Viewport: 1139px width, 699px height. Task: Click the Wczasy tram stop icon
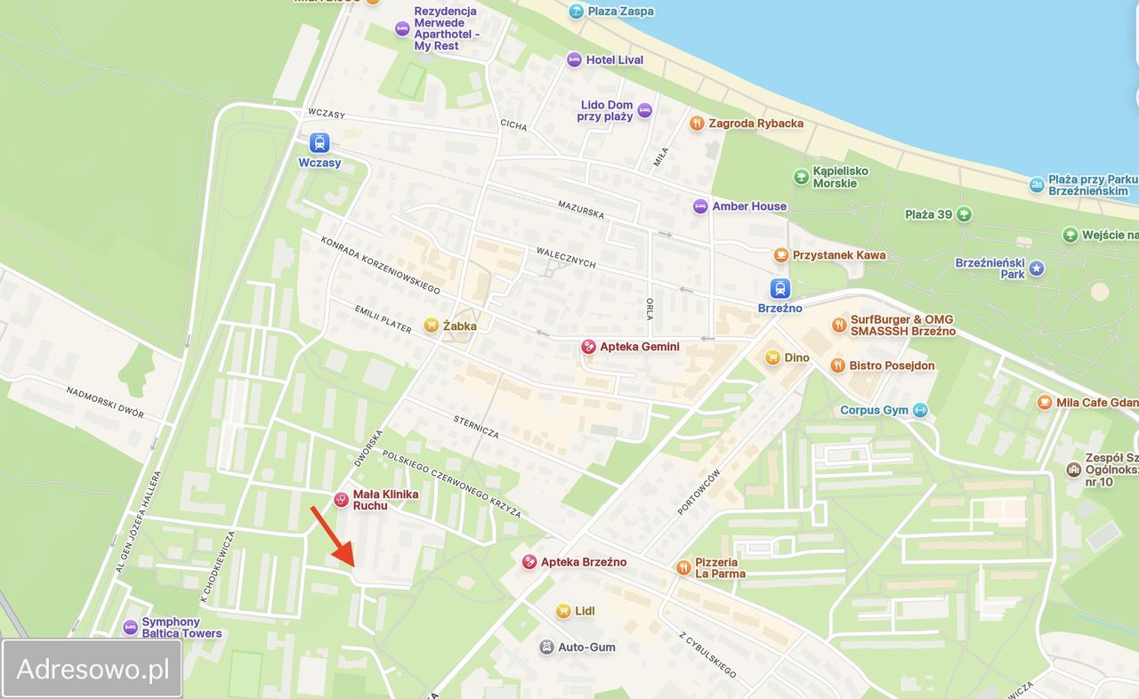319,142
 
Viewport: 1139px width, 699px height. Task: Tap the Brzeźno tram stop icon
780,288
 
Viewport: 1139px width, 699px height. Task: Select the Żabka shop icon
432,325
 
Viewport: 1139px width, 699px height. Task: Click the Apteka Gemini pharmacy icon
588,347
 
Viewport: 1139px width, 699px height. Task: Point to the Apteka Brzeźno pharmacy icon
529,562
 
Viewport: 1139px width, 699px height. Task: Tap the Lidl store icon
563,611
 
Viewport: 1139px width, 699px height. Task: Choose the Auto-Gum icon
546,647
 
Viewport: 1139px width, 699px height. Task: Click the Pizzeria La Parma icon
683,567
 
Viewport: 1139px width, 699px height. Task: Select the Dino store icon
772,358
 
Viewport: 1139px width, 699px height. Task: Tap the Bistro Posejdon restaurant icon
837,366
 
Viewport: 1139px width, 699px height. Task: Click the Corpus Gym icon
920,410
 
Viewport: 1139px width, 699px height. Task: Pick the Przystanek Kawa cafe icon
781,255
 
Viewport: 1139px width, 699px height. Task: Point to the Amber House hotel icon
700,206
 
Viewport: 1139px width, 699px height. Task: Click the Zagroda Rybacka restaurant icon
697,124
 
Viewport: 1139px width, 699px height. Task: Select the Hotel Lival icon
574,60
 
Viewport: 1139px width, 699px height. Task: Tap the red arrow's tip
354,566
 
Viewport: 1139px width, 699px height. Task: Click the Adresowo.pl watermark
93,669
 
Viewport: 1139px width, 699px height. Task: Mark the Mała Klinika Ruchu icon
341,500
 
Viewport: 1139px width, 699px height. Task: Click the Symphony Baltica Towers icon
131,627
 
